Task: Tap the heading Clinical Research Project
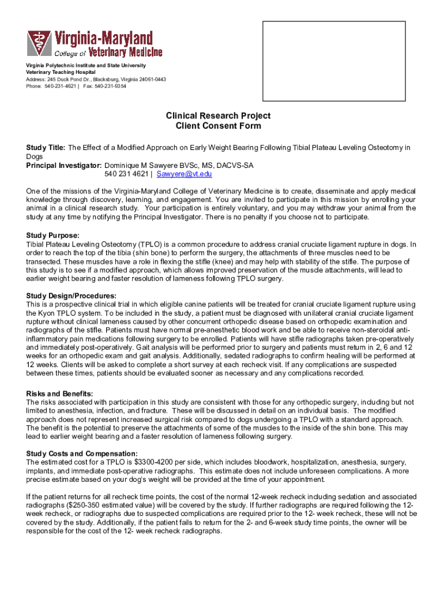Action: (218, 116)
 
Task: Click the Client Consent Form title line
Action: (218, 126)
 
